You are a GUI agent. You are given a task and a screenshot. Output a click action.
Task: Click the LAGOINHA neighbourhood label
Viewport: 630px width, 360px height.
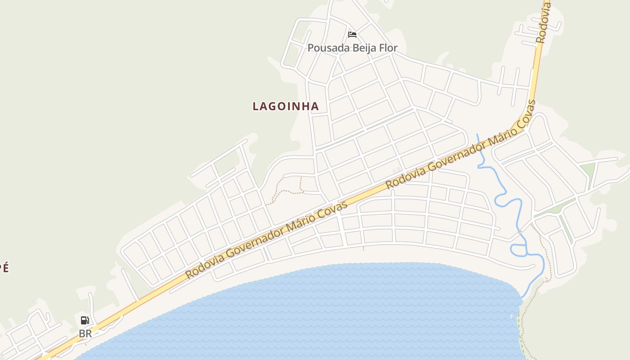coord(286,106)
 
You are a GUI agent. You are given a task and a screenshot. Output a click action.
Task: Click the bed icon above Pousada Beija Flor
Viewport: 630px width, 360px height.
coord(352,34)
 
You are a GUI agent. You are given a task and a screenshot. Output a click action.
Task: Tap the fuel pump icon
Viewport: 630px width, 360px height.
coord(85,320)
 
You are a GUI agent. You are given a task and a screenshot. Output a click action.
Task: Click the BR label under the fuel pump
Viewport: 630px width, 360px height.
coord(85,334)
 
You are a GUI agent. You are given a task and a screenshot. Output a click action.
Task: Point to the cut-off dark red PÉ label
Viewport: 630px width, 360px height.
coord(4,268)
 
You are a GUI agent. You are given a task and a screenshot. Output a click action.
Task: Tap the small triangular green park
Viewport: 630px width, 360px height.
coord(589,170)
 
